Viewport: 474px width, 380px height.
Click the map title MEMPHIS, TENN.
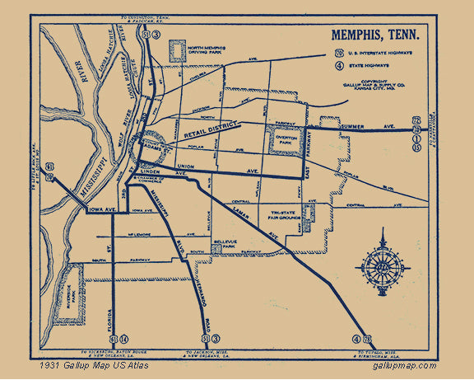point(374,35)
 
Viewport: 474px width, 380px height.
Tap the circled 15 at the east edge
point(417,148)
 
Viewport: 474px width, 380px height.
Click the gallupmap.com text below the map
point(405,364)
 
